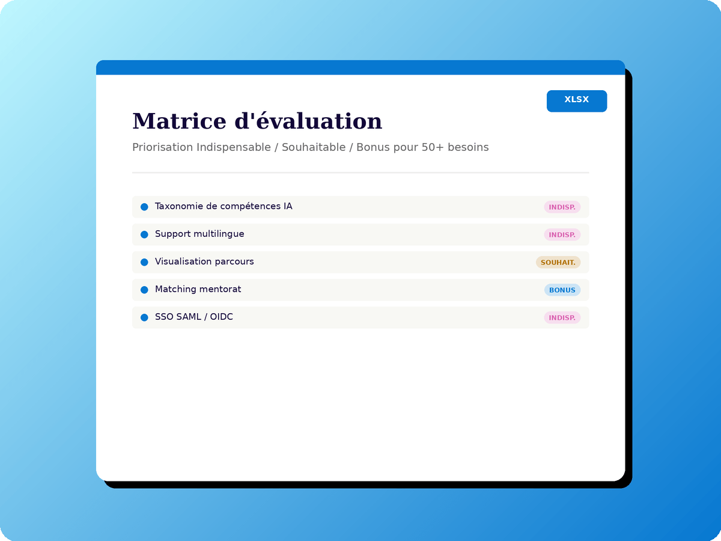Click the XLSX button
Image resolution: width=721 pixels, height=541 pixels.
click(576, 101)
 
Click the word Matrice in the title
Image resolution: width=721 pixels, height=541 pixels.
click(179, 121)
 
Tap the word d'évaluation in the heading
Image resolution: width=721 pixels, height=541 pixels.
click(308, 121)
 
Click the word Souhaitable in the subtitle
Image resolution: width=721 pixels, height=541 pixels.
click(314, 147)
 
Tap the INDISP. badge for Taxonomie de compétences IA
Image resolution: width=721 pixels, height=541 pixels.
click(562, 207)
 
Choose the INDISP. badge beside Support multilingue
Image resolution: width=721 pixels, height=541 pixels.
click(562, 234)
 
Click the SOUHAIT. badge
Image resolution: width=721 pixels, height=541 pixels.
click(558, 262)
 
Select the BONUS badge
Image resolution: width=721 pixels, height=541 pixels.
click(562, 290)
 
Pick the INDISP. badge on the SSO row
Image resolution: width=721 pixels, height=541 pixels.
click(562, 317)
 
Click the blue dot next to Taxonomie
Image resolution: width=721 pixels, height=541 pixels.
click(144, 207)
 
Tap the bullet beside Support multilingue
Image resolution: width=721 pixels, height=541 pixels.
click(144, 234)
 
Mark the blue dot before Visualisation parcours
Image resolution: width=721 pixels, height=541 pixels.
click(144, 262)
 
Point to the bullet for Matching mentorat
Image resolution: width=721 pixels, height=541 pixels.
click(144, 290)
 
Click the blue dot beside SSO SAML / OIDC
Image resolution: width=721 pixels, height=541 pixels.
click(144, 317)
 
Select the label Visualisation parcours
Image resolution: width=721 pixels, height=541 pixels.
click(204, 261)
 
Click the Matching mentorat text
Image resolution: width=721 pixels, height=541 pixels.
click(198, 289)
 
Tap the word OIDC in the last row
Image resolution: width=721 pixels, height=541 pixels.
click(221, 317)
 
